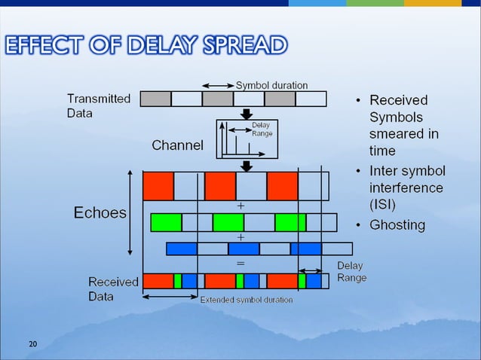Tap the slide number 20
click(32, 344)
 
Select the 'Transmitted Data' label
click(98, 105)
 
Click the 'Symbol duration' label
click(271, 84)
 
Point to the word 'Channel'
click(177, 145)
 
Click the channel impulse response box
click(247, 139)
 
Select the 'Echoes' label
click(100, 213)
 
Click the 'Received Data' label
click(113, 288)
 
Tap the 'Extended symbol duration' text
click(247, 300)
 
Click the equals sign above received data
click(241, 264)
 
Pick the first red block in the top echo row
click(158, 185)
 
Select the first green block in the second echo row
click(167, 222)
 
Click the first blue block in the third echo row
click(182, 249)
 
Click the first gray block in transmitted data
click(156, 99)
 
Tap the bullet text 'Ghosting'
click(397, 224)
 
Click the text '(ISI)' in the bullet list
click(382, 205)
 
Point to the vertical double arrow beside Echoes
click(132, 213)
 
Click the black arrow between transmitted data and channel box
click(247, 113)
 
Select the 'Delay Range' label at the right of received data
click(351, 272)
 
